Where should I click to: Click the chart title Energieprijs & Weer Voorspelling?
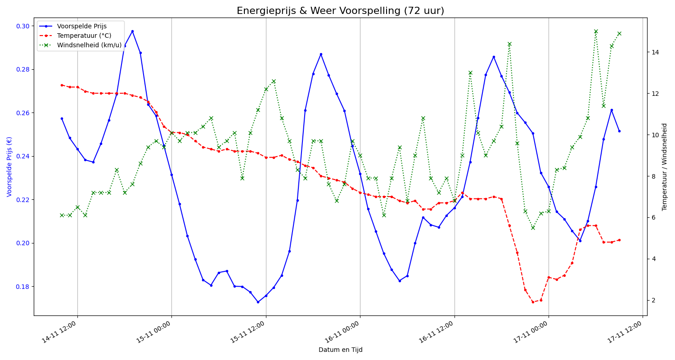340,11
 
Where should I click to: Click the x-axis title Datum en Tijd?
340,350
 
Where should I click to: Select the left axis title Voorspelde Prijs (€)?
9,166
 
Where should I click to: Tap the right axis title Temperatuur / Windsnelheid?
665,166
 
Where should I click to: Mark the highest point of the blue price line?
132,31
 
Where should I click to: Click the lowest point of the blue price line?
258,302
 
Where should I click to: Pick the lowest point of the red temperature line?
533,302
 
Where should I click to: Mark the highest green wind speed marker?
596,31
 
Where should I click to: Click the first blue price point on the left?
62,118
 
